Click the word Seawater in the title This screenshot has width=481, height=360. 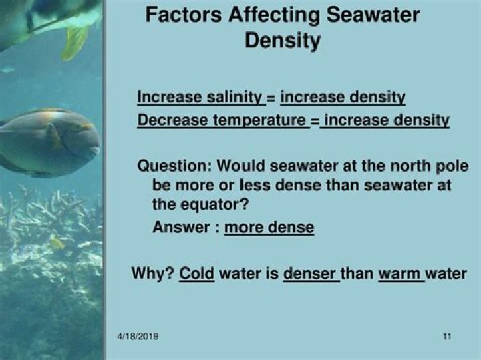pos(373,15)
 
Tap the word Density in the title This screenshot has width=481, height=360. pos(283,41)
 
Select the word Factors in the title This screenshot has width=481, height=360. pos(184,15)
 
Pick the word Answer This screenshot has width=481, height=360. pos(181,227)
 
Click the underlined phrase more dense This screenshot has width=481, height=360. pos(269,228)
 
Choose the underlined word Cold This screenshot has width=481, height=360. pos(196,273)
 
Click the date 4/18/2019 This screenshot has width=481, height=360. pos(138,336)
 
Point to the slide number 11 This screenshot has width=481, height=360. pos(447,337)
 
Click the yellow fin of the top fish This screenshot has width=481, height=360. pos(74,42)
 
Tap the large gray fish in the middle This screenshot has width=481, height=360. pos(49,142)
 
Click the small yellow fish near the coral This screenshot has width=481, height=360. pos(57,242)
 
